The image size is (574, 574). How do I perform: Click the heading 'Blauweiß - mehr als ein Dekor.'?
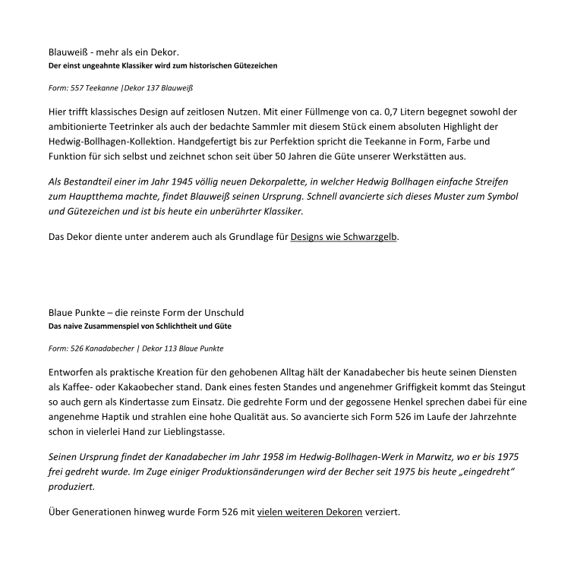pyautogui.click(x=113, y=52)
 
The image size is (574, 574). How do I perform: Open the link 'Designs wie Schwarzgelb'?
pyautogui.click(x=344, y=236)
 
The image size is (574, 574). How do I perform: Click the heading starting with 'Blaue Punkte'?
pyautogui.click(x=146, y=313)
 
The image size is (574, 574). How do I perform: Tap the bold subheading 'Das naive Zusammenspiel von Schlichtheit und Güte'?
pyautogui.click(x=140, y=326)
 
